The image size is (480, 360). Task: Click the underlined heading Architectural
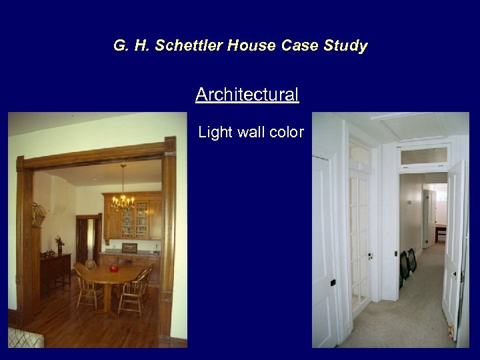pyautogui.click(x=247, y=95)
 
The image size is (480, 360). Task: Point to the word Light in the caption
pyautogui.click(x=215, y=133)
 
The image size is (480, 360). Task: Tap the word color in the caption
pyautogui.click(x=287, y=133)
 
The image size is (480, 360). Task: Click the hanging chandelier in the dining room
pyautogui.click(x=123, y=198)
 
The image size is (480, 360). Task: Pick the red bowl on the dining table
pyautogui.click(x=113, y=269)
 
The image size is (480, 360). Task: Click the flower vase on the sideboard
pyautogui.click(x=59, y=244)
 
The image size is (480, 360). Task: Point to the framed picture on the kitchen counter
pyautogui.click(x=129, y=248)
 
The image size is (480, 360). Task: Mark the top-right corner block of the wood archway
pyautogui.click(x=169, y=145)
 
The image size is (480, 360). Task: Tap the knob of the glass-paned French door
pyautogui.click(x=369, y=255)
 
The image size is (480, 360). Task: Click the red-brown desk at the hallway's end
pyautogui.click(x=441, y=233)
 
